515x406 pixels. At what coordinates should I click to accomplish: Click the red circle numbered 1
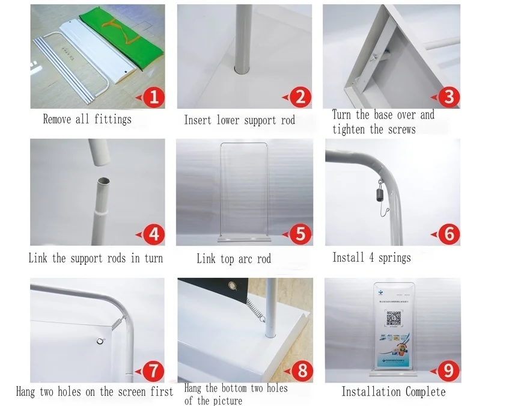(x=153, y=97)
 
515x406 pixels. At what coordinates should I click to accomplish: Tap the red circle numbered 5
(x=300, y=233)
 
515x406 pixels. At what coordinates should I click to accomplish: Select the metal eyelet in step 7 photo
(x=99, y=342)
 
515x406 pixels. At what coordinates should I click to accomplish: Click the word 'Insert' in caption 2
(x=198, y=120)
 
